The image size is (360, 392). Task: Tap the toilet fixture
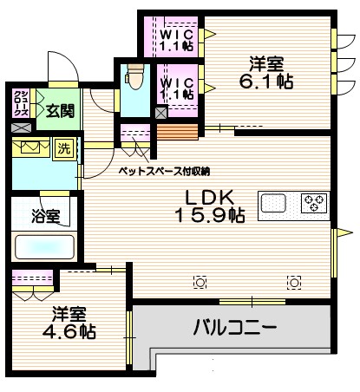click(134, 77)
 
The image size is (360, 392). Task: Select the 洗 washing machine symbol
click(65, 148)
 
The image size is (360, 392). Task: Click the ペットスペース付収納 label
click(164, 170)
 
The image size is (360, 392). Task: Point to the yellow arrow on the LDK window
click(344, 232)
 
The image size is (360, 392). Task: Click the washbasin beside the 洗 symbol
click(31, 147)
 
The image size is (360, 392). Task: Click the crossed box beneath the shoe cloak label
click(21, 128)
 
